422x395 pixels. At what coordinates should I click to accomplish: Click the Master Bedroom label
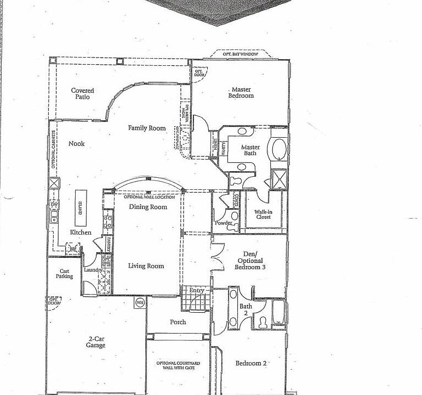point(241,92)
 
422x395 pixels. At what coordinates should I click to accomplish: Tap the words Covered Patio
point(82,94)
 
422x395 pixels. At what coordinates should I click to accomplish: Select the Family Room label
point(147,128)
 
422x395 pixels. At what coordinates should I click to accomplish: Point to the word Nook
point(77,144)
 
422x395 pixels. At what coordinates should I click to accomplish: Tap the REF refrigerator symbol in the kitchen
point(72,249)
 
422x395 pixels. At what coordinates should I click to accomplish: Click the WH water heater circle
point(140,302)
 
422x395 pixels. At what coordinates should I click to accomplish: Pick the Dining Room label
point(148,207)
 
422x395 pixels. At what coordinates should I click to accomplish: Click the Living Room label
point(146,266)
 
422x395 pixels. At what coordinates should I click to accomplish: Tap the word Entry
point(196,290)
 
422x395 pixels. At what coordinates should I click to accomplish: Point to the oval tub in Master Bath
point(278,150)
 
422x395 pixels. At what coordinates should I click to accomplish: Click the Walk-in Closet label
point(263,214)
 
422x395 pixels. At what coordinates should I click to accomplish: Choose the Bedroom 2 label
point(251,363)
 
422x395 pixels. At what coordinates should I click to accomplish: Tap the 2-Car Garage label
point(95,342)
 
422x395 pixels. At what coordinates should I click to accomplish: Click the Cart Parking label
point(65,273)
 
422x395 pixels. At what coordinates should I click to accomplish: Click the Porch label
point(178,322)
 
